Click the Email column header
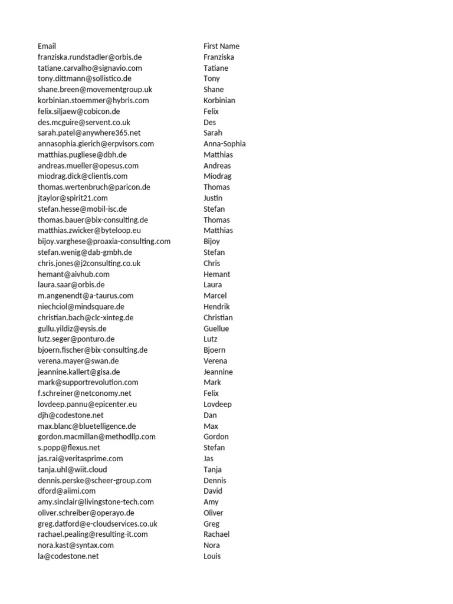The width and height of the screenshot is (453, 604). [47, 46]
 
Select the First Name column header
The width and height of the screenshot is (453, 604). [221, 46]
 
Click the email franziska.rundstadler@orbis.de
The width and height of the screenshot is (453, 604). [90, 57]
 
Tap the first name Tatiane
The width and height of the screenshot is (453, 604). [216, 68]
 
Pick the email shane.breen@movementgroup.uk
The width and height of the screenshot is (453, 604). [95, 90]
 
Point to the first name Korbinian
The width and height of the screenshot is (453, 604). [219, 100]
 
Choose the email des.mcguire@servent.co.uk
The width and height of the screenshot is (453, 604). [84, 122]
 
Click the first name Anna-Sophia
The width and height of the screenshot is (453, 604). [225, 144]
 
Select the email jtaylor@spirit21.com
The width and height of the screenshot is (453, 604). [73, 198]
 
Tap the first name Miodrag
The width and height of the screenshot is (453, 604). [218, 176]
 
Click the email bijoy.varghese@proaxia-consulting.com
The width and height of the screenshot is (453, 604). [104, 241]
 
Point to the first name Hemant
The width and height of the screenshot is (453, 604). [217, 274]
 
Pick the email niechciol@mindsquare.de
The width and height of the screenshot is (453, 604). [81, 307]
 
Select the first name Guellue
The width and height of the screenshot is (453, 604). [216, 329]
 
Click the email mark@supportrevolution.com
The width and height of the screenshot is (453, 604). [88, 382]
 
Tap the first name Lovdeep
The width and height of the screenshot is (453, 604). [218, 405]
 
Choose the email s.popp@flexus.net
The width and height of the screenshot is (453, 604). [69, 448]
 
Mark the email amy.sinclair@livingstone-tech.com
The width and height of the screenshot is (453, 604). [96, 502]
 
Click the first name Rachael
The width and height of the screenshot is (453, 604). [216, 534]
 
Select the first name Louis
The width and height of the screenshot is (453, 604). [212, 556]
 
